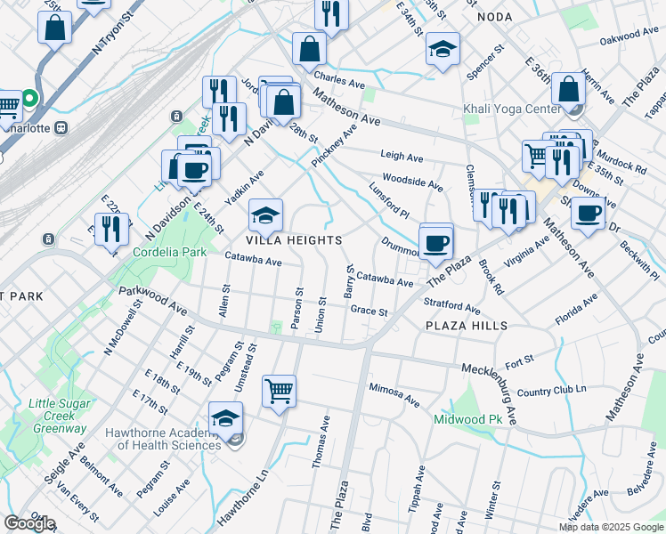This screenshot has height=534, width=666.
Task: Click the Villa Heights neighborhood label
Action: [x=294, y=240]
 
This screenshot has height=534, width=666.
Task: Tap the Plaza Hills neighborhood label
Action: [x=467, y=326]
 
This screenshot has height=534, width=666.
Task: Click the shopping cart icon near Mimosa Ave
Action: [x=279, y=391]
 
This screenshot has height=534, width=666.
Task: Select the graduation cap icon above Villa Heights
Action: [x=265, y=214]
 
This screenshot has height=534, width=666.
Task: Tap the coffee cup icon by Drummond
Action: [x=435, y=242]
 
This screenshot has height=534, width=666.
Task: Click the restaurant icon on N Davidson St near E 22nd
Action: [x=112, y=229]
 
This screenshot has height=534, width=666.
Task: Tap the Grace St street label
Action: [x=369, y=311]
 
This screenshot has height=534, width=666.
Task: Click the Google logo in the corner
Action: [x=29, y=523]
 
